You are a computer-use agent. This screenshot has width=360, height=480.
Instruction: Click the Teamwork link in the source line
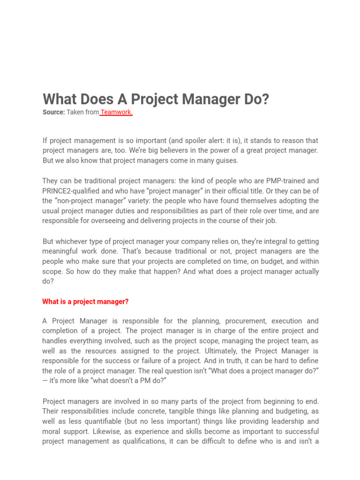[117, 112]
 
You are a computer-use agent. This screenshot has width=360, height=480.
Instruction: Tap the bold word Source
[53, 112]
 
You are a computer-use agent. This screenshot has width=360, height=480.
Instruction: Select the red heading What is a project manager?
[85, 302]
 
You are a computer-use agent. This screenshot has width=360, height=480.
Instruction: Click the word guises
[226, 160]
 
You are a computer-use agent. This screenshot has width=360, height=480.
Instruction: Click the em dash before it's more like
[45, 381]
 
